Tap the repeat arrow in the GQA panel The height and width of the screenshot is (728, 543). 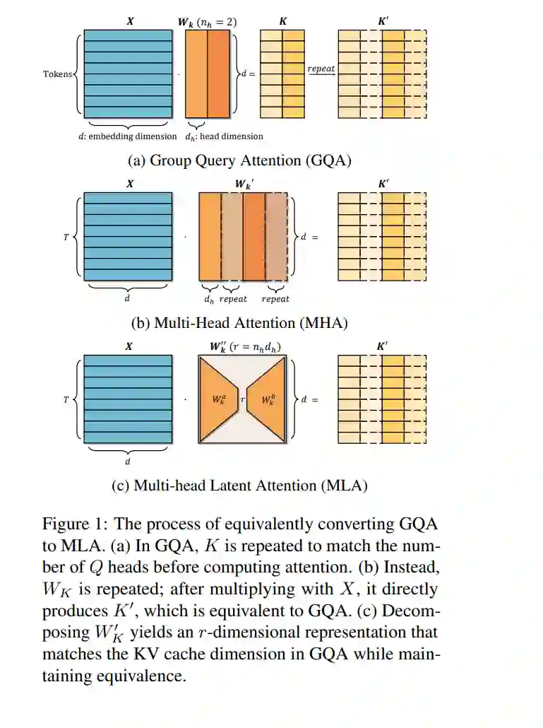(321, 74)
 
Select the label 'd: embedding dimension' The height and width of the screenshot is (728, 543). (128, 136)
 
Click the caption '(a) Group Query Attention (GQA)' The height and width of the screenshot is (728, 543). (239, 160)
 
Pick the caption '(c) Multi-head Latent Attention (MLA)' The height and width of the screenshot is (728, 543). (239, 486)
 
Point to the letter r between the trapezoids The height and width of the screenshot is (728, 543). (242, 399)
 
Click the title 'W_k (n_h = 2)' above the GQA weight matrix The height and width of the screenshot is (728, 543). (207, 22)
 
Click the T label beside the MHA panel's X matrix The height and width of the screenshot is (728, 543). (66, 237)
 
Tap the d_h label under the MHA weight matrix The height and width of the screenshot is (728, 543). (210, 298)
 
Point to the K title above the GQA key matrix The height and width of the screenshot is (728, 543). (283, 22)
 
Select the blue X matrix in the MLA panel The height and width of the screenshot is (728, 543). (128, 399)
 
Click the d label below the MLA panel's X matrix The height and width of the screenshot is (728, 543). (128, 462)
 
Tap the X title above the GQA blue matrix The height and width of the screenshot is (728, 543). (130, 22)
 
